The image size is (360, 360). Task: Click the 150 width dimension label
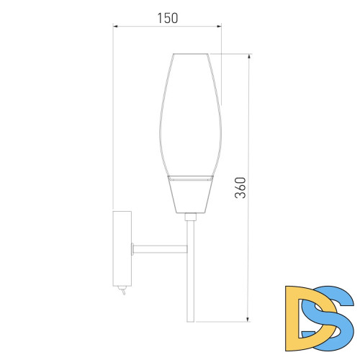pyautogui.click(x=168, y=18)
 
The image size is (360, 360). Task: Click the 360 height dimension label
pyautogui.click(x=240, y=188)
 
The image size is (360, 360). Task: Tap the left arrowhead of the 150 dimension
pyautogui.click(x=115, y=26)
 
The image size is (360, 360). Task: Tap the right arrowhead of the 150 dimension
pyautogui.click(x=219, y=26)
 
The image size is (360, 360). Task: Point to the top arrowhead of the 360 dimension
pyautogui.click(x=249, y=56)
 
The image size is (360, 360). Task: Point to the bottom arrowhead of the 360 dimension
pyautogui.click(x=248, y=319)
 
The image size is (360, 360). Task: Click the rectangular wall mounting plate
pyautogui.click(x=122, y=248)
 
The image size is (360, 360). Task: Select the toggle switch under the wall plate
pyautogui.click(x=122, y=290)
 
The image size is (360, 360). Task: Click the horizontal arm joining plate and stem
pyautogui.click(x=160, y=249)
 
